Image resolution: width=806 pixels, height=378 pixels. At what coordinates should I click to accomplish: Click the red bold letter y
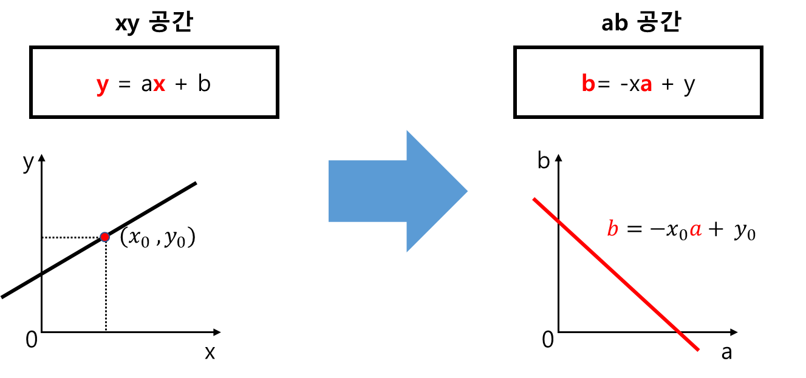pyautogui.click(x=102, y=85)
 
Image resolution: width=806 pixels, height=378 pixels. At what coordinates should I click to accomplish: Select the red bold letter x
pyautogui.click(x=159, y=84)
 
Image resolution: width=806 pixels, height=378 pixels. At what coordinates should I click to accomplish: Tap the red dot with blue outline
pyautogui.click(x=104, y=237)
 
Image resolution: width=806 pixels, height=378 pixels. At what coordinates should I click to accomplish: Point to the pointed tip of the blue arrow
pyautogui.click(x=468, y=191)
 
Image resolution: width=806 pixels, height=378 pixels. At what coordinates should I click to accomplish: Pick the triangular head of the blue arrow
pyautogui.click(x=431, y=191)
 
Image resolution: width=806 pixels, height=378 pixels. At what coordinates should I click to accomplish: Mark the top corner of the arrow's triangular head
pyautogui.click(x=406, y=128)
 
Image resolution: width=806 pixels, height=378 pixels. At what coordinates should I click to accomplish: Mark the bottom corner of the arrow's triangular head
pyautogui.click(x=406, y=254)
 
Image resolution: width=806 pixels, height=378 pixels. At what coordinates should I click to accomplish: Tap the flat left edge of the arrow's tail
pyautogui.click(x=328, y=191)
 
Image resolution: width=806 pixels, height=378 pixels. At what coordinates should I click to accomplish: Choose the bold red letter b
pyautogui.click(x=588, y=84)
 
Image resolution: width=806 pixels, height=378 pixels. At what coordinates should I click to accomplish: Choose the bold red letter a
pyautogui.click(x=646, y=85)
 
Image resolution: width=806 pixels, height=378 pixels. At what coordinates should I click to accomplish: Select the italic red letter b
pyautogui.click(x=612, y=229)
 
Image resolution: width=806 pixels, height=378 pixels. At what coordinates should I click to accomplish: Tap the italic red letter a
pyautogui.click(x=695, y=229)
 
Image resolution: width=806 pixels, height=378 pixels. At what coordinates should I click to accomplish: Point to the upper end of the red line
pyautogui.click(x=534, y=199)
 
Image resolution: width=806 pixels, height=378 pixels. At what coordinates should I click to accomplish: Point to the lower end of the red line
pyautogui.click(x=698, y=349)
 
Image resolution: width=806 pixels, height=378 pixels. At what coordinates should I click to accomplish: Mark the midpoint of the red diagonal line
pyautogui.click(x=616, y=274)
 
